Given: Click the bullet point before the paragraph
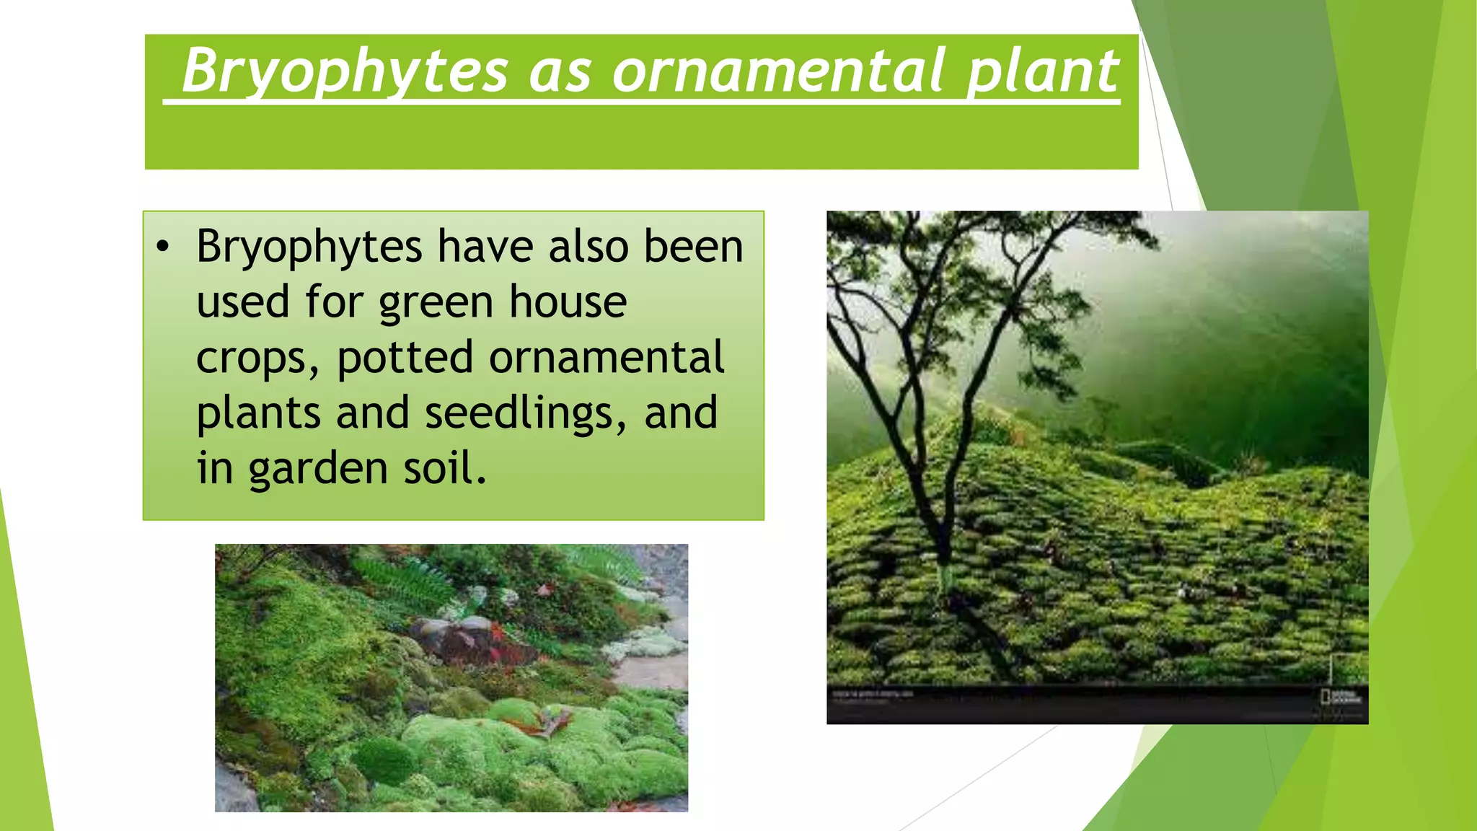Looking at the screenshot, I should pyautogui.click(x=163, y=247).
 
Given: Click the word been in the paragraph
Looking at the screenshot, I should pyautogui.click(x=692, y=247).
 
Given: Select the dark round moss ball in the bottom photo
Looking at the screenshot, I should pyautogui.click(x=386, y=761).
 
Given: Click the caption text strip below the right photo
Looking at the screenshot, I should pyautogui.click(x=873, y=694).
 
